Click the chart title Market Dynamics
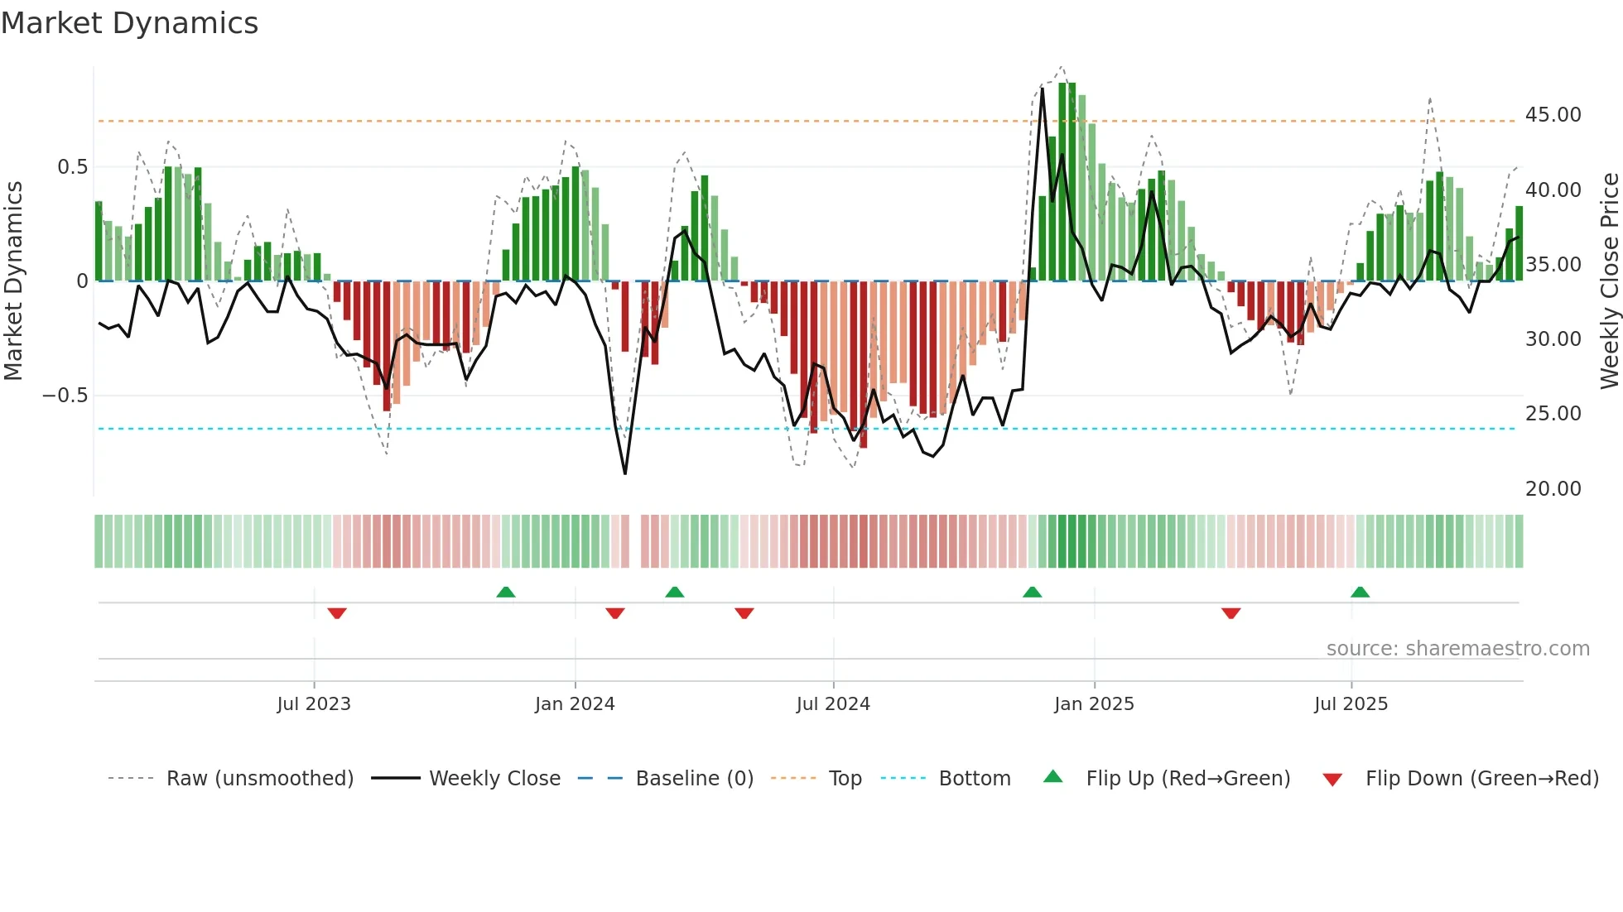129,23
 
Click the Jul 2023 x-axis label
314,704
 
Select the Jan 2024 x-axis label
575,704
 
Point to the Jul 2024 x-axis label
833,704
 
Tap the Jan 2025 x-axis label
1094,704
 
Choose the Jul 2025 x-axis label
1351,704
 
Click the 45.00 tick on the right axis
1553,115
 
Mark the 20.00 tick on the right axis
1553,489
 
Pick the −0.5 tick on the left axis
65,396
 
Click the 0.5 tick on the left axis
72,167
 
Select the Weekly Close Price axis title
1609,281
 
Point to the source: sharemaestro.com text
1457,649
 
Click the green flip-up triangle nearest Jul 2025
1360,592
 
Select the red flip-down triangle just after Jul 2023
336,613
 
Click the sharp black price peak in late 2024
1042,89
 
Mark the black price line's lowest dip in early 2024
624,473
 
